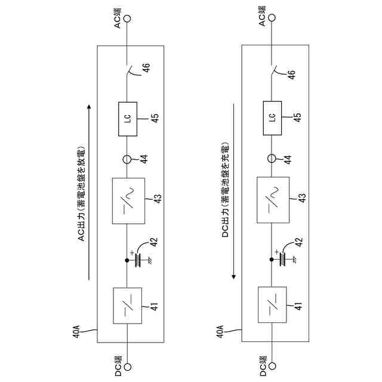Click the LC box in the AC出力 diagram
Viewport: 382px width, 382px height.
click(127, 117)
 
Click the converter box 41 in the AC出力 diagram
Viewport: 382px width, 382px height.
click(128, 306)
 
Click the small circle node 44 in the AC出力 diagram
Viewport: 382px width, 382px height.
click(127, 159)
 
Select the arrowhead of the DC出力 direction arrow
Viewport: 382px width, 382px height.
click(234, 278)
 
